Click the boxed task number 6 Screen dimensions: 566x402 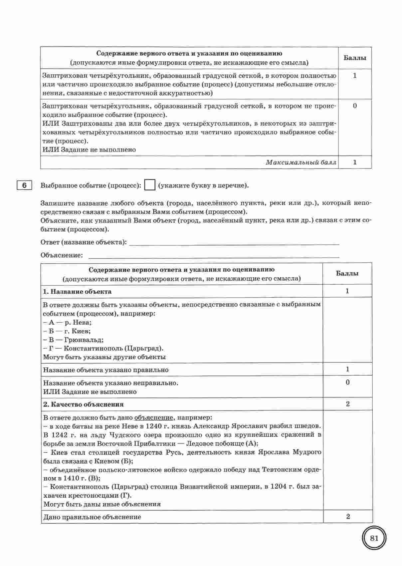pyautogui.click(x=24, y=185)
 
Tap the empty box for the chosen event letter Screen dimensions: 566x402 pyautogui.click(x=150, y=185)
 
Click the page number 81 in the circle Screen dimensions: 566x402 pyautogui.click(x=374, y=538)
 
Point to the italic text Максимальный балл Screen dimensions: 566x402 pyautogui.click(x=301, y=162)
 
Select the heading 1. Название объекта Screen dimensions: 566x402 pyautogui.click(x=77, y=291)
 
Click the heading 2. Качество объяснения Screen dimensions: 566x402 pyautogui.click(x=83, y=404)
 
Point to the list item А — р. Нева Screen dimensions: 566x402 pyautogui.click(x=68, y=322)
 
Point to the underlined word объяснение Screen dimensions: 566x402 pyautogui.click(x=154, y=418)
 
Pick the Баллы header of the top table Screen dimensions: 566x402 pyautogui.click(x=355, y=58)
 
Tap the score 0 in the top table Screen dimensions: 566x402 pyautogui.click(x=355, y=106)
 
